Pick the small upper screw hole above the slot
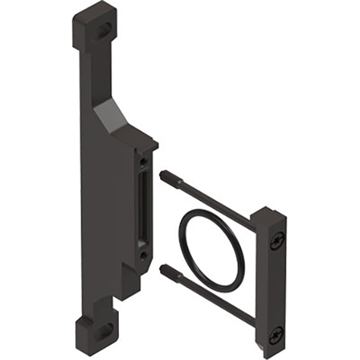(143, 161)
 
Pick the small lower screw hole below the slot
(143, 256)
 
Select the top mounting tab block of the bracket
(95, 23)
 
